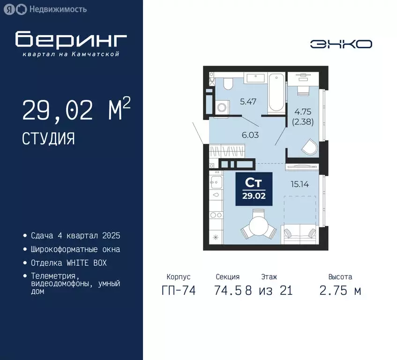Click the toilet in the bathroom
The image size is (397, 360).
click(x=228, y=83)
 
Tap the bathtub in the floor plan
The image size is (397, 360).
click(x=276, y=92)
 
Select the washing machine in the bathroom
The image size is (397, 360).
click(x=221, y=107)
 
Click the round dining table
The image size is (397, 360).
click(x=258, y=227)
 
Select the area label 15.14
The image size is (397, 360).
click(x=299, y=184)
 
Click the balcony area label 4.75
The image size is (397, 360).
click(x=304, y=112)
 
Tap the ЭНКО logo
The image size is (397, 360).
click(x=341, y=44)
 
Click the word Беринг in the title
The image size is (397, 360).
click(x=71, y=40)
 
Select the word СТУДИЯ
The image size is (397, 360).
click(x=48, y=138)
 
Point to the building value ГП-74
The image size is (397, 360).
click(x=178, y=291)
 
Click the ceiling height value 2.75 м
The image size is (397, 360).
click(x=340, y=291)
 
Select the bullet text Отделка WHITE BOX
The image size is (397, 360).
click(x=69, y=263)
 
